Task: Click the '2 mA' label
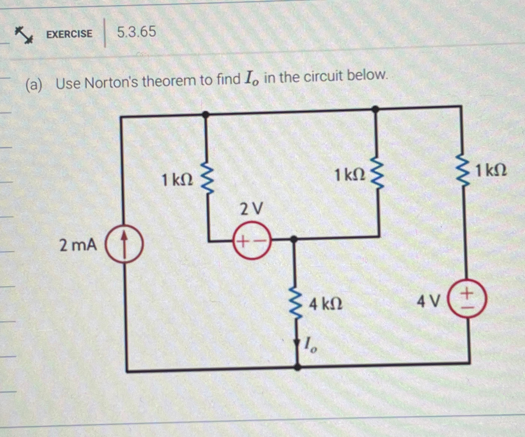(78, 245)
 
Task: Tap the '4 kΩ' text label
(325, 305)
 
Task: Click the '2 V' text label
(251, 209)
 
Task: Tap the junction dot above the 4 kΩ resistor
(294, 239)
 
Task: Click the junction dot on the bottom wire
(297, 368)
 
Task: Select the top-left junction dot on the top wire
(205, 114)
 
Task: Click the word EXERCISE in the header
(69, 34)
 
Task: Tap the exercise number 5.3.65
(136, 31)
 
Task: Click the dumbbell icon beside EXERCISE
(24, 35)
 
